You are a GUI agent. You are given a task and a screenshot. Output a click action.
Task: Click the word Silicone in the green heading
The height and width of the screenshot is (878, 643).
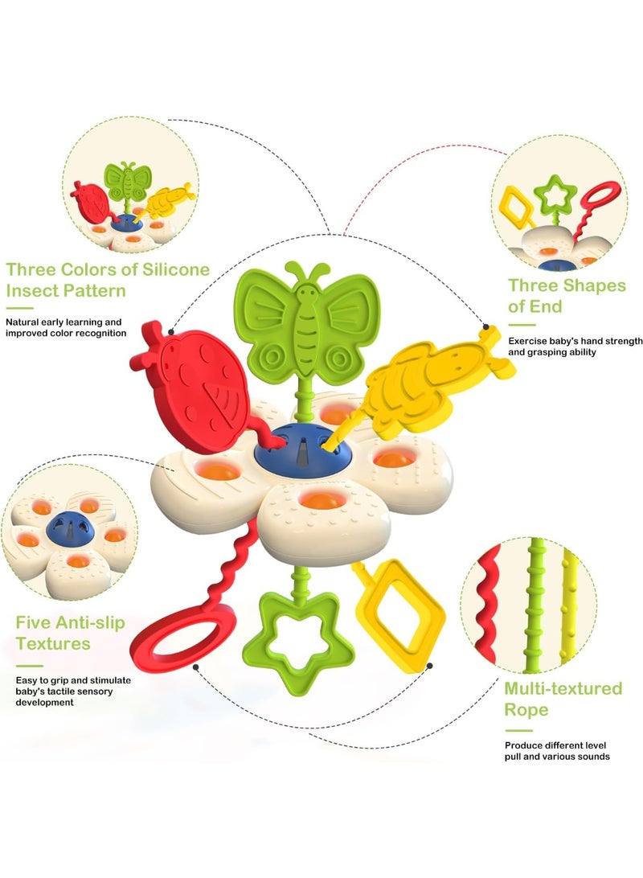(176, 269)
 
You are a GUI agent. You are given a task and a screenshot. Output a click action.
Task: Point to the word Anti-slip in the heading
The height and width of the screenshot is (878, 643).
(90, 622)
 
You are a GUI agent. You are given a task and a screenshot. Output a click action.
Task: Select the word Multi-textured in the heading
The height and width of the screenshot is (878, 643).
(563, 688)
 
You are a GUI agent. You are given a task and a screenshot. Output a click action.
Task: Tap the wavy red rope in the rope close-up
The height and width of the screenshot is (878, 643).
(488, 604)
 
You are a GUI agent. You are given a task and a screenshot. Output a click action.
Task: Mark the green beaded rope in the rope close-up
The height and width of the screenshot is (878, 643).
(536, 605)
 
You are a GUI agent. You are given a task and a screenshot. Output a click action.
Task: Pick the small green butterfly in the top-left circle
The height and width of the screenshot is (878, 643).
(128, 182)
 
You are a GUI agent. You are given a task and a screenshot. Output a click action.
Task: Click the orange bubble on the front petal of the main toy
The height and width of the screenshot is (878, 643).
(321, 500)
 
